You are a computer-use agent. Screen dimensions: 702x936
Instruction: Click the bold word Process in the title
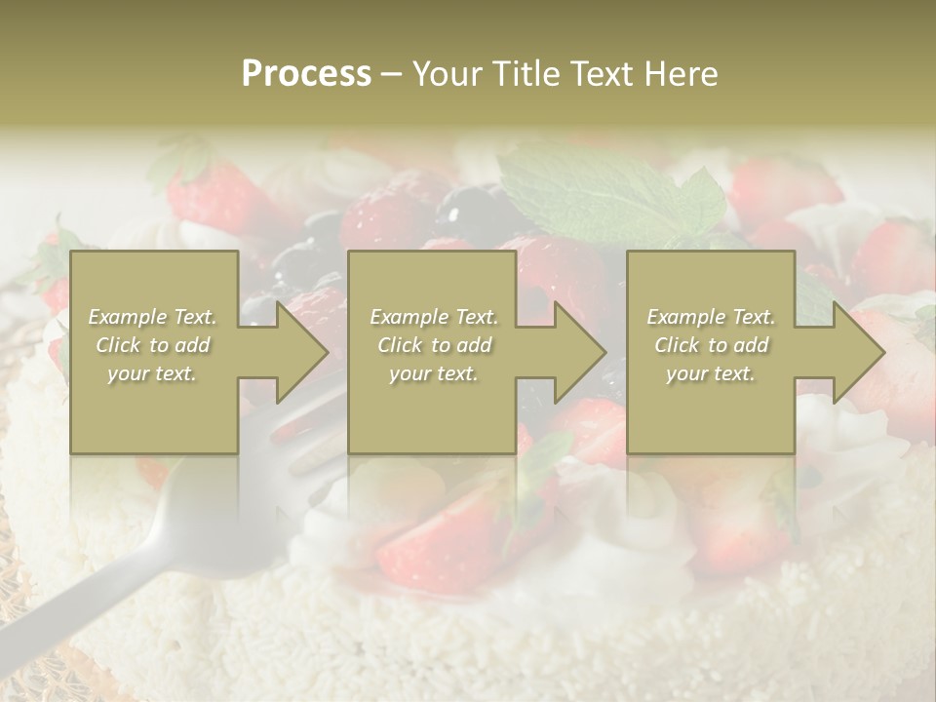[x=306, y=73]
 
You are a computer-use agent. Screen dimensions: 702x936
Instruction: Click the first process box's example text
[x=153, y=345]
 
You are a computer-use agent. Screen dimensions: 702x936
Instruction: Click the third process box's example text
[x=711, y=345]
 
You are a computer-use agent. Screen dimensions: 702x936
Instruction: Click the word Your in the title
[x=445, y=73]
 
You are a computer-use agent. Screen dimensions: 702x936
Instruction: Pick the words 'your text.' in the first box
[x=153, y=373]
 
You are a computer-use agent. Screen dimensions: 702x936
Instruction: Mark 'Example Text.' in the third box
[x=711, y=317]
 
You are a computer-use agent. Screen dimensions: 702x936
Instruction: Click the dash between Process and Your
[x=391, y=74]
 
